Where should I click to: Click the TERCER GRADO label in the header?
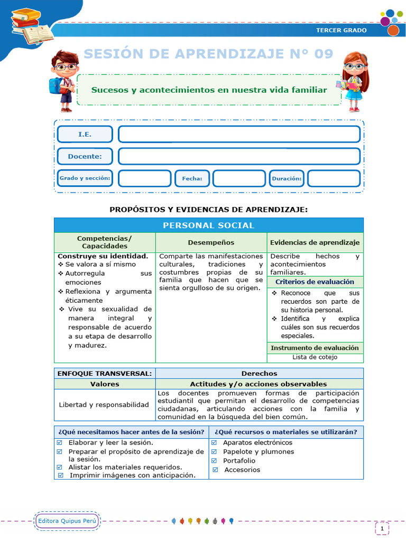pos(341,30)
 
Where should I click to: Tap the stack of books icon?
pos(31,26)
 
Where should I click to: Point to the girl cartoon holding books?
pos(353,81)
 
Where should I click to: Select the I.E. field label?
pos(85,134)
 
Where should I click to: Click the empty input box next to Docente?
pos(239,156)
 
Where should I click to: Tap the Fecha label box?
pos(192,178)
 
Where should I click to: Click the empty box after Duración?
pos(334,178)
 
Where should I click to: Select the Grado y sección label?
pos(85,178)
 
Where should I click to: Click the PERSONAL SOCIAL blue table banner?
pos(208,225)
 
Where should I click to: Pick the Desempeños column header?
pos(211,242)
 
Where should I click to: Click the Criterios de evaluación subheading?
pos(315,282)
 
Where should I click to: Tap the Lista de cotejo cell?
pos(315,357)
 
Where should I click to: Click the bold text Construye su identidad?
pos(103,256)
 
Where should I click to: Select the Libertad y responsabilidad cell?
pos(104,404)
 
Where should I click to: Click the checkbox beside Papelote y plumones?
pos(215,451)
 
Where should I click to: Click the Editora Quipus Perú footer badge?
pos(68,521)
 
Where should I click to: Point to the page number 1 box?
pos(382,528)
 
